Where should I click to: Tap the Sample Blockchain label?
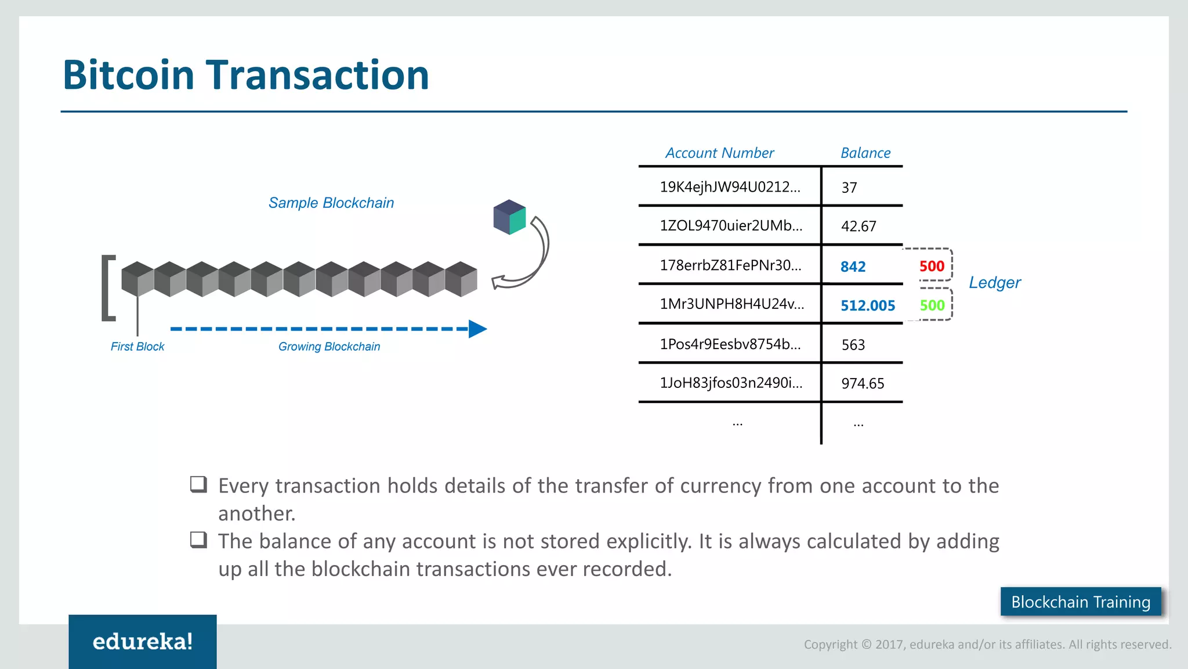331,203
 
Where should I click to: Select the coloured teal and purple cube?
509,217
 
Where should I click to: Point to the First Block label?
137,347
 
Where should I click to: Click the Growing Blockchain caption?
329,347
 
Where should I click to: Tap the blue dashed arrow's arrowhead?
477,329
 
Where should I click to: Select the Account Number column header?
719,153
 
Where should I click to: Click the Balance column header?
865,153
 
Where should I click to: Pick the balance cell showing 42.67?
859,226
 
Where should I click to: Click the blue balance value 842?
853,267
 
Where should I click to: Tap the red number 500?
932,266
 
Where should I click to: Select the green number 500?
932,305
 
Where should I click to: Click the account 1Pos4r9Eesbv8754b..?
730,344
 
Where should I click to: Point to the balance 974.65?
863,383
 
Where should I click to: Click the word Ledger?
994,283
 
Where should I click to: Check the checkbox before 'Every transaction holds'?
198,484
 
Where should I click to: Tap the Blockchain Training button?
1080,602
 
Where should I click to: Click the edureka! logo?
143,641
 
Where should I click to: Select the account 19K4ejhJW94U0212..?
730,187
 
